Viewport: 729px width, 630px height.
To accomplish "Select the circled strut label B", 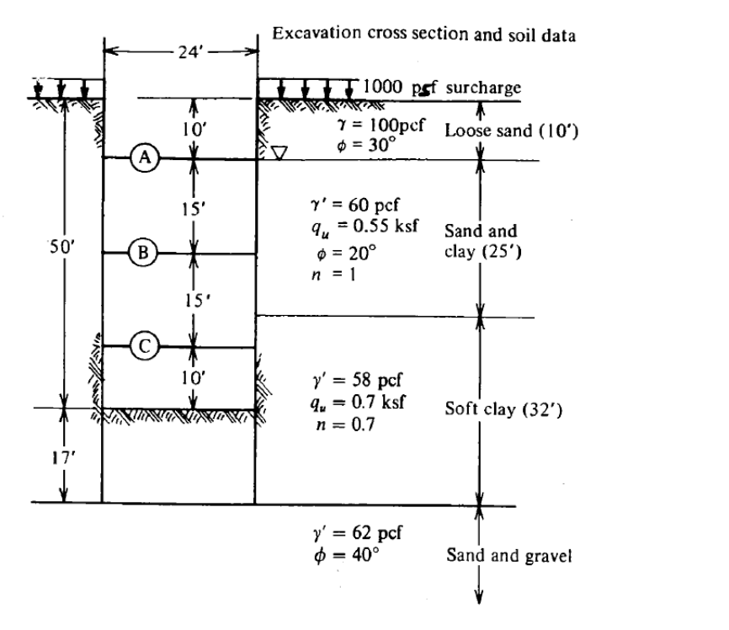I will point(143,252).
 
